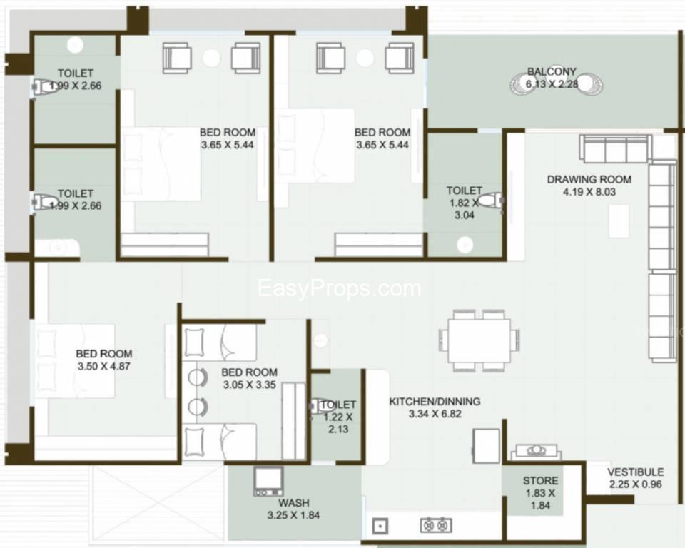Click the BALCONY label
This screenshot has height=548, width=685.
(552, 71)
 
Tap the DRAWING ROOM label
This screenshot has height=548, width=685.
(589, 179)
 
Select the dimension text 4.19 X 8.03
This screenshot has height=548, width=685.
(589, 192)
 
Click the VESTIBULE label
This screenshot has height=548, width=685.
(635, 472)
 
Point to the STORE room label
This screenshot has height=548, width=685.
(540, 481)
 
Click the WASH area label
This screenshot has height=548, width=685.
(293, 503)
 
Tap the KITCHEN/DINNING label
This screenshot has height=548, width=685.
(435, 402)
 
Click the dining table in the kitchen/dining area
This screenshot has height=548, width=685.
(479, 340)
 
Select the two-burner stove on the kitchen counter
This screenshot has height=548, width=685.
(436, 525)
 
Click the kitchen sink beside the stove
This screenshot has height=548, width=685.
(380, 526)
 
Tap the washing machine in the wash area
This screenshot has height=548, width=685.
(268, 481)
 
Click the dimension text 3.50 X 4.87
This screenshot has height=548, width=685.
(103, 366)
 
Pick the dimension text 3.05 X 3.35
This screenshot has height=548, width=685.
(249, 385)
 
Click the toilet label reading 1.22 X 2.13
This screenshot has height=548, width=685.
(338, 417)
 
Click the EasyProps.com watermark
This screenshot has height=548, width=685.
(340, 288)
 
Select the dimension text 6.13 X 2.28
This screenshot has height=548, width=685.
(552, 84)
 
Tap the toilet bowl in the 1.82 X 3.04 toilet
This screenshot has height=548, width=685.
(492, 201)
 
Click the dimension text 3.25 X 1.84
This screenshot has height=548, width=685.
(293, 515)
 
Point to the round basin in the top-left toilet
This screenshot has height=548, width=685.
(75, 44)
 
